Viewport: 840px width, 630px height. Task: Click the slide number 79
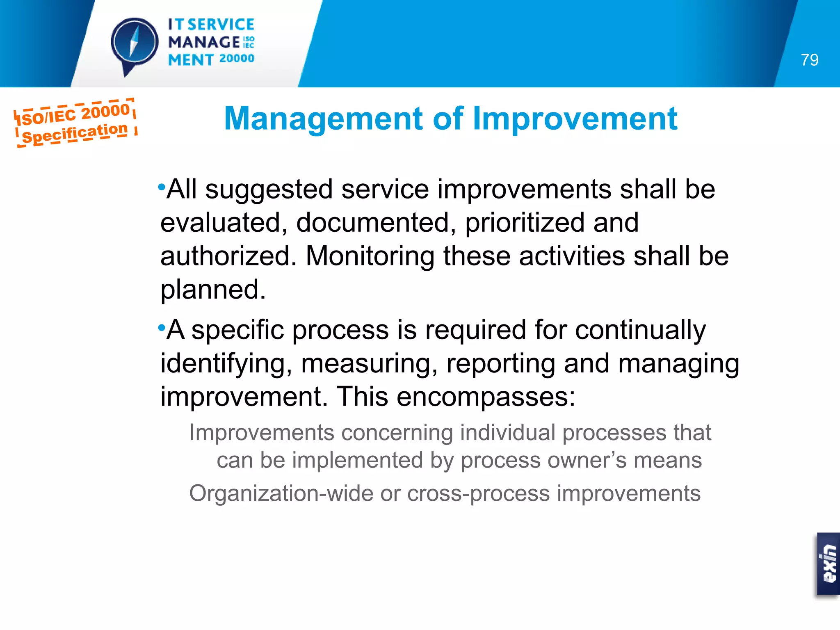coord(809,60)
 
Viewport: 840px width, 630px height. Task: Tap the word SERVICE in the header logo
coord(221,25)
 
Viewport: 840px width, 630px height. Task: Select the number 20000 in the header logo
coord(237,59)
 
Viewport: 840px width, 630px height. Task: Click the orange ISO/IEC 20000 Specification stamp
coord(75,123)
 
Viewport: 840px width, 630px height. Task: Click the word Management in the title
coord(324,119)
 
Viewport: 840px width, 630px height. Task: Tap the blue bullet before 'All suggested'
coord(161,187)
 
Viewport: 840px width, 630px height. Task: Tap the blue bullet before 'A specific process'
coord(161,328)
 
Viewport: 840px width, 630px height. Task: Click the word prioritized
coord(525,223)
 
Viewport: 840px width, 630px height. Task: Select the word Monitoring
coord(370,256)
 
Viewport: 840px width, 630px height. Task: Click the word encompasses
coord(486,397)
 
